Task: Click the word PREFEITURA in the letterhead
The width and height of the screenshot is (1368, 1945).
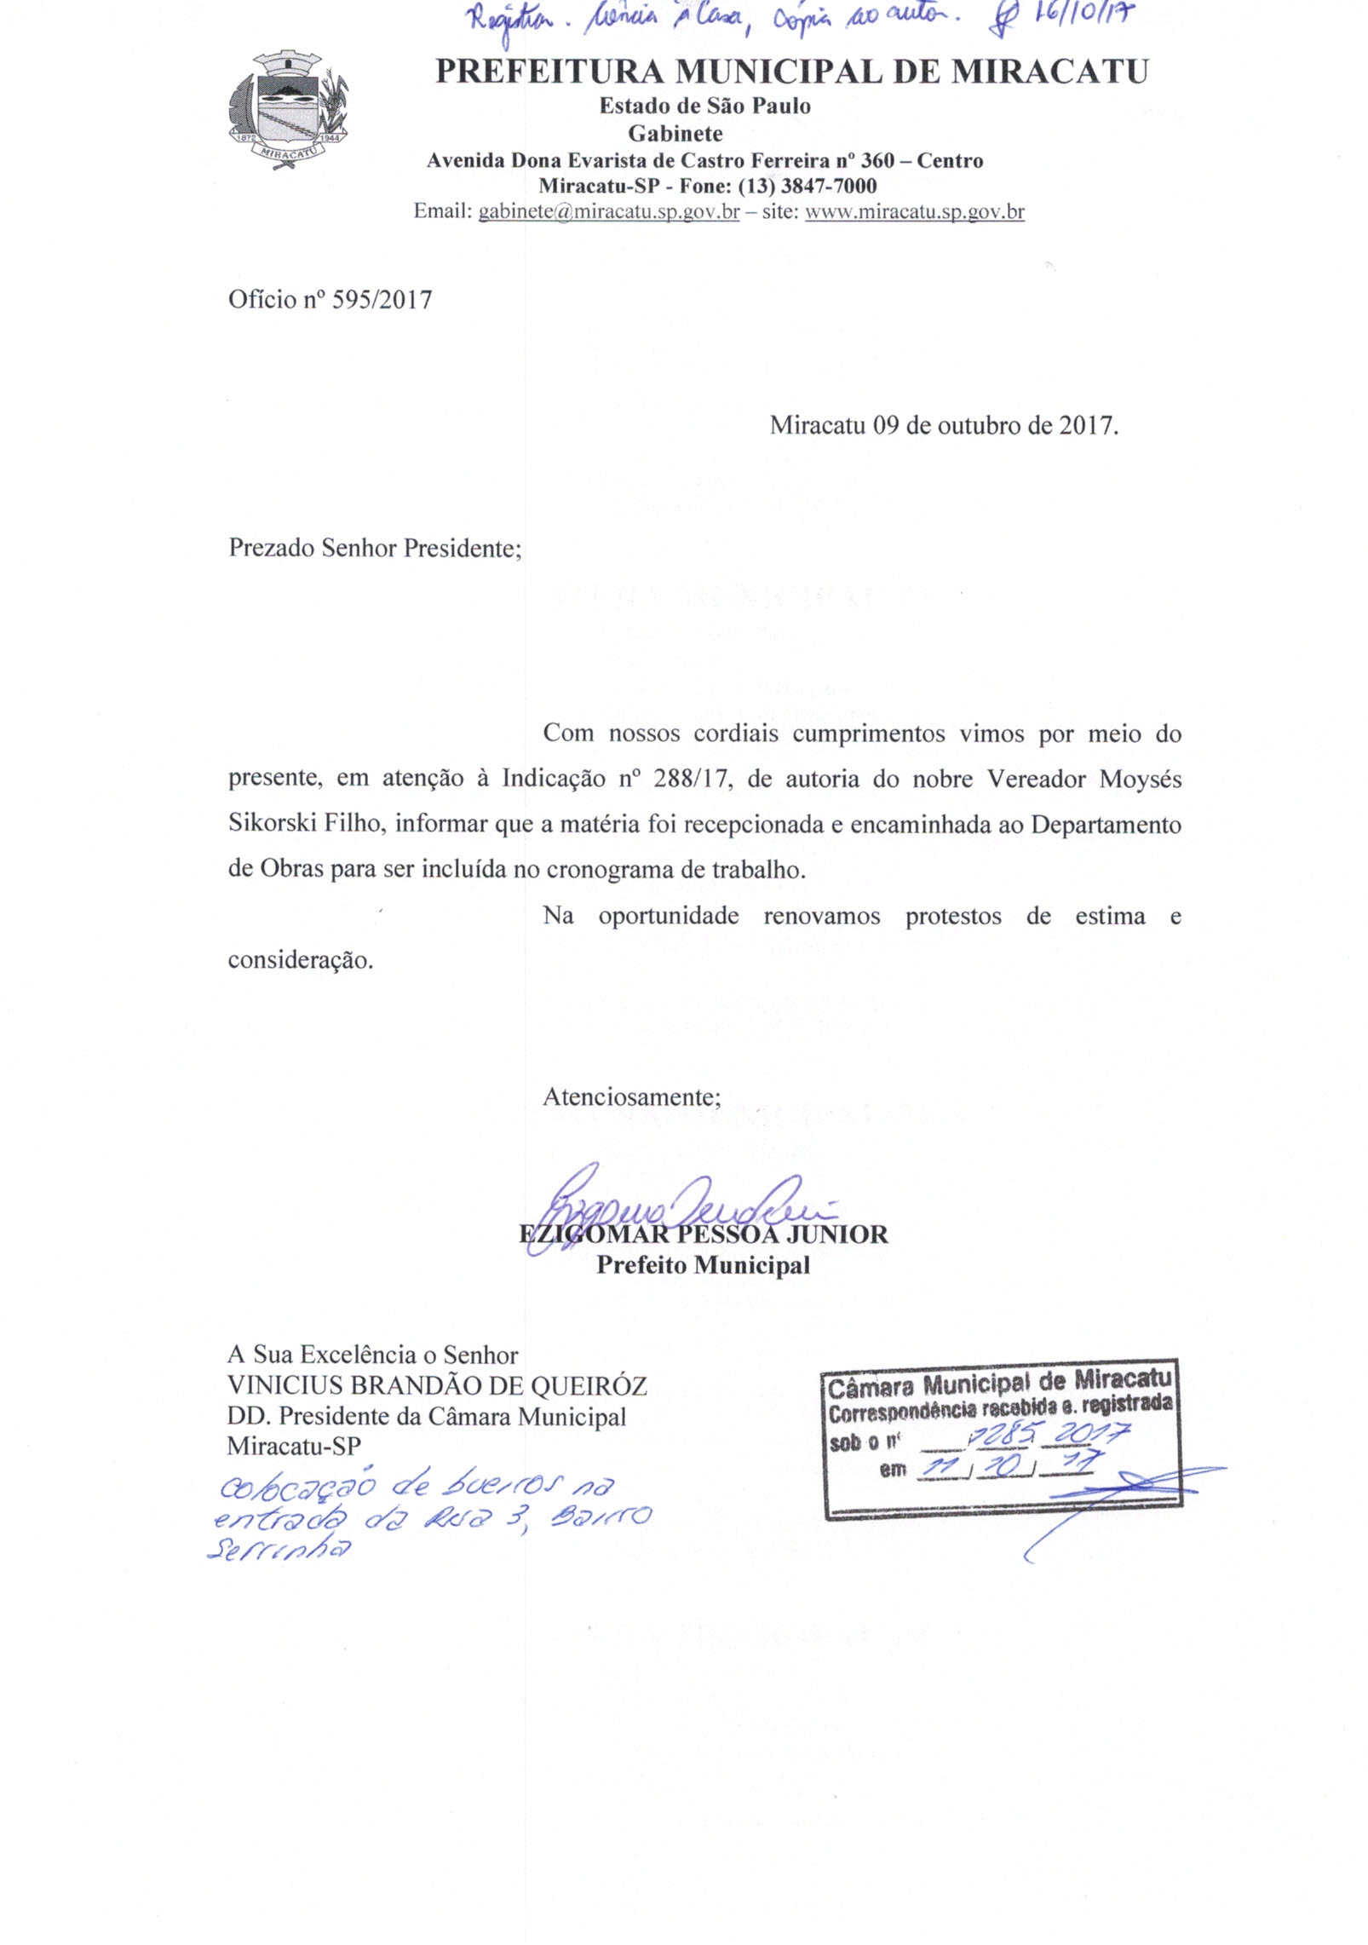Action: (549, 72)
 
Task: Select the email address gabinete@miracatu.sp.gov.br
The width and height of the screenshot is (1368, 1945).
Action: (608, 212)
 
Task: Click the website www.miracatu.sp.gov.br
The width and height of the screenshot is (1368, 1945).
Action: (914, 212)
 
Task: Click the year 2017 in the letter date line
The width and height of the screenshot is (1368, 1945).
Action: (1086, 426)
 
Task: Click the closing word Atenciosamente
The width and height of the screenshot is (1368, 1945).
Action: (631, 1096)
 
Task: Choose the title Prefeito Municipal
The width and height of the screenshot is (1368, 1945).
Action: (703, 1265)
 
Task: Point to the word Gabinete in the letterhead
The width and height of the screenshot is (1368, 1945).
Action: (675, 134)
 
